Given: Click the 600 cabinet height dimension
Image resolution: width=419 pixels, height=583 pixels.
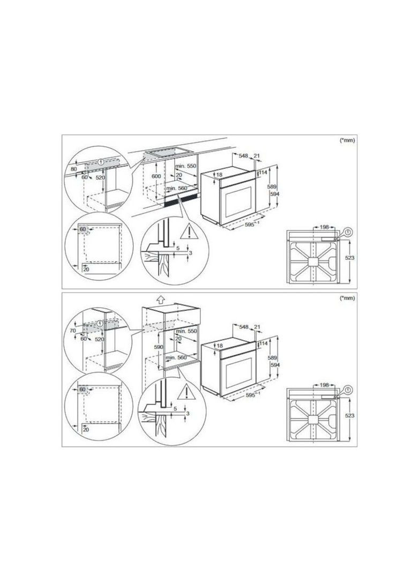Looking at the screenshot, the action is pos(156,176).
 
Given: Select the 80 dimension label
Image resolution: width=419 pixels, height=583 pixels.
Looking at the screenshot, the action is pos(73,169).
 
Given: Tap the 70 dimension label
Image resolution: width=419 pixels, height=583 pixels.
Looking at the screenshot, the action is pos(73,330).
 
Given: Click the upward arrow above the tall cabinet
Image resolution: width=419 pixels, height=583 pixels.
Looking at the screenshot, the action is pos(160,299).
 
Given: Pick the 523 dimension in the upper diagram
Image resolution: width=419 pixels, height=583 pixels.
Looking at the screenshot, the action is pos(349,258).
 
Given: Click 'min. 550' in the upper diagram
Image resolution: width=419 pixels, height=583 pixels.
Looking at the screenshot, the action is pos(185,166).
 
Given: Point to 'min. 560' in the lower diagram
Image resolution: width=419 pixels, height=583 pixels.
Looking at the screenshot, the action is pos(176,357).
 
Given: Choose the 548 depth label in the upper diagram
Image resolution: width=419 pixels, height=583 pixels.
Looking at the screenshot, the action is pos(243,156).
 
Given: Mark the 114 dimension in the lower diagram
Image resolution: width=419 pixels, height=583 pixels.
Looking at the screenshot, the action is pos(264,343).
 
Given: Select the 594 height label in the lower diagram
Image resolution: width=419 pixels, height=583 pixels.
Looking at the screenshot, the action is pos(275,365).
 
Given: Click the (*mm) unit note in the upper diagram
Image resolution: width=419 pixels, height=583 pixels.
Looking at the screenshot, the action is pos(348,140).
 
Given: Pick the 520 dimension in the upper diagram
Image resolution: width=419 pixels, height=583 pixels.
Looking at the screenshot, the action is pos(100,178).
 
